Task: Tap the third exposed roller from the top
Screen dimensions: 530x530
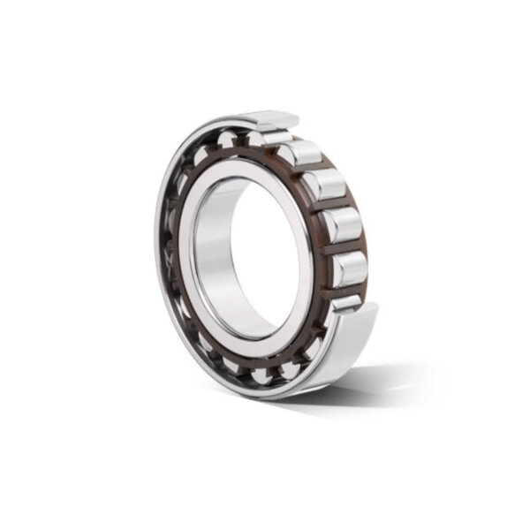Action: tap(326, 185)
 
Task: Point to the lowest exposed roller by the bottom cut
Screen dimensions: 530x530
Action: tap(346, 302)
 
